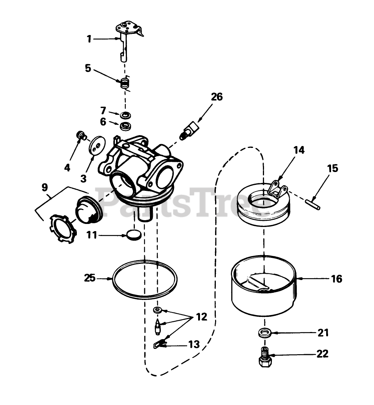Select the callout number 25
click(90, 279)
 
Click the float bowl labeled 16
click(264, 290)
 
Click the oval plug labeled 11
click(134, 235)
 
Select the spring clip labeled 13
click(160, 344)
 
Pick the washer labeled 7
click(125, 114)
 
